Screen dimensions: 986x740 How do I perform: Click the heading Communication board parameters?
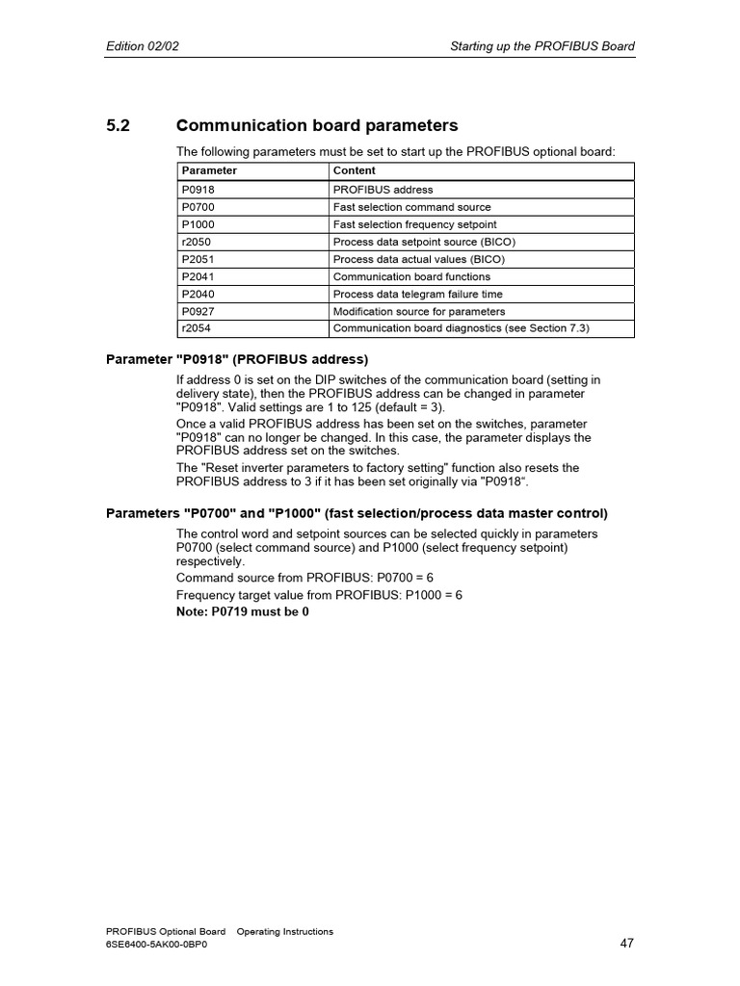(x=317, y=126)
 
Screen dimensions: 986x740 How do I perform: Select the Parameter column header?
(x=209, y=170)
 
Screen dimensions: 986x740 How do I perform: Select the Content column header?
(x=355, y=170)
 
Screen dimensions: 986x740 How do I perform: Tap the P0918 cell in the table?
(x=198, y=190)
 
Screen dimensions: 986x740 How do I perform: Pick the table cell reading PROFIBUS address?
(x=383, y=190)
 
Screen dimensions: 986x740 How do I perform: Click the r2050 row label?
(x=197, y=242)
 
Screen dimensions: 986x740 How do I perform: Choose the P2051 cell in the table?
(x=198, y=259)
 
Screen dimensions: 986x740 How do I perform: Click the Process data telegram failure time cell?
(x=417, y=294)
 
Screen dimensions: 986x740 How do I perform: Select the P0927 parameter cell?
(x=198, y=311)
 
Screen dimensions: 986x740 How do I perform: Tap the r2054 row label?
(x=197, y=328)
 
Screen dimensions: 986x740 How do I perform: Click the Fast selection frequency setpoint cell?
(x=414, y=224)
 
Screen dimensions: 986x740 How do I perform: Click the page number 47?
(x=626, y=944)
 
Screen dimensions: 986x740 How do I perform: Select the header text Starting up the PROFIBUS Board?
(x=542, y=46)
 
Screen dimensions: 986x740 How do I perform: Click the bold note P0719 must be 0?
(x=243, y=611)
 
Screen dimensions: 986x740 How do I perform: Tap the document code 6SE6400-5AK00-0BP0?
(x=156, y=945)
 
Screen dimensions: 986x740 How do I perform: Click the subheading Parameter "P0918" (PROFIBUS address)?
(x=237, y=360)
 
